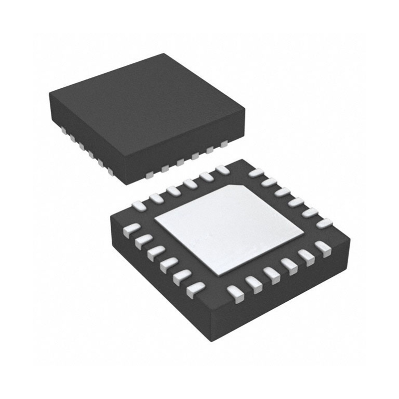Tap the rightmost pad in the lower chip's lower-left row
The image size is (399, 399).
[x=195, y=288]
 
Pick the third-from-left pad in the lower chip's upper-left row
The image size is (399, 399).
[x=174, y=191]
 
